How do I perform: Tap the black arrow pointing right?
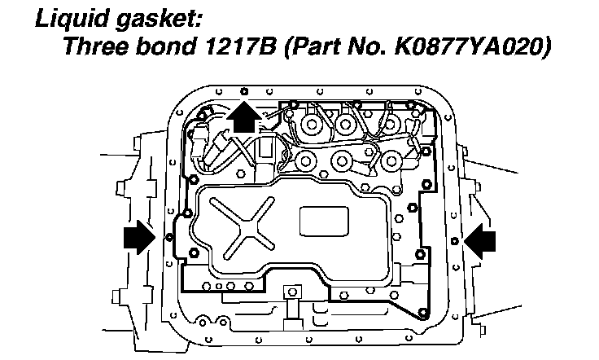pos(137,238)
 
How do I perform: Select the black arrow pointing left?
pos(480,238)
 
